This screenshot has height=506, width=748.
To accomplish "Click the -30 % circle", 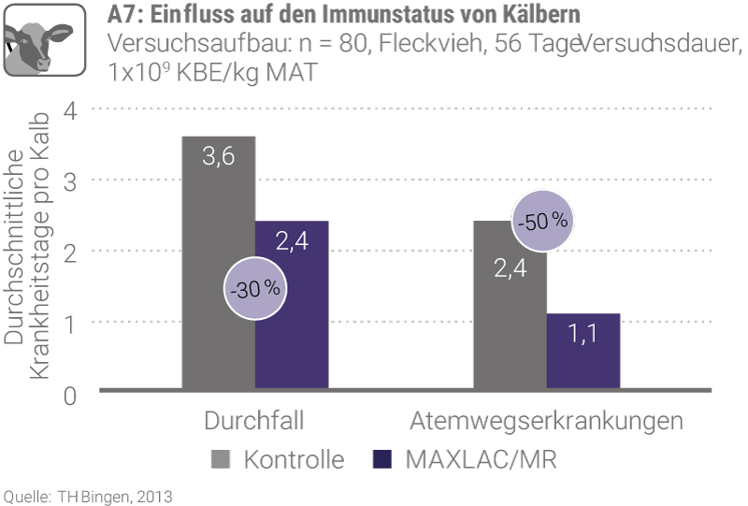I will (253, 289).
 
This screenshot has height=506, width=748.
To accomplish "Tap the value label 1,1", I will (583, 332).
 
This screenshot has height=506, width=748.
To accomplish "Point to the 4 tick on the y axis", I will (71, 110).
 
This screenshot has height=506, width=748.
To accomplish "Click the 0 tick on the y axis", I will (71, 395).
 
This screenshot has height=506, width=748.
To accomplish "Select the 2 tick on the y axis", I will (71, 251).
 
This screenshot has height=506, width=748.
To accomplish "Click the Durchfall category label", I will (254, 420).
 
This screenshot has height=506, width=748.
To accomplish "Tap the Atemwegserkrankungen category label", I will (546, 420).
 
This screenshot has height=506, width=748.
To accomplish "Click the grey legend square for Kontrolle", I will (221, 459).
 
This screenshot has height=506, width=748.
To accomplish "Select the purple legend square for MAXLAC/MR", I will (384, 459).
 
